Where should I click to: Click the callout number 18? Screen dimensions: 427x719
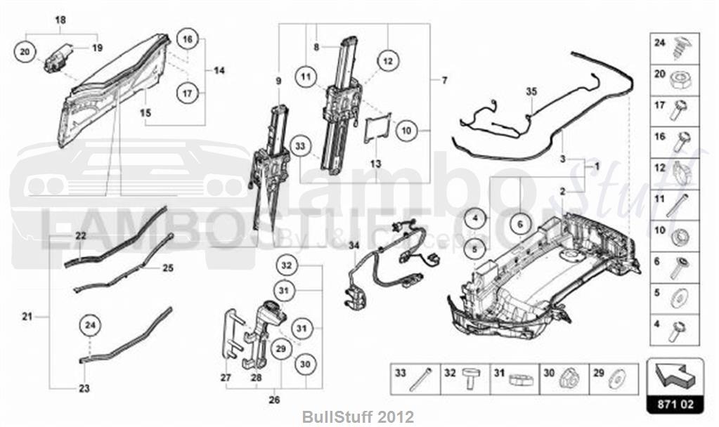coord(61,20)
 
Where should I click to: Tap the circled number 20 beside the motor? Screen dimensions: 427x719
coord(25,52)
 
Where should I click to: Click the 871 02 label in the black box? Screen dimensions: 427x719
coord(675,406)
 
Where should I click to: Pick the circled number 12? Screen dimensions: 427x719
coord(387,61)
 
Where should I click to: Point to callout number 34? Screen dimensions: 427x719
coord(353,245)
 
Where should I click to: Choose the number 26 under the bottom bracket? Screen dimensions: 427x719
coord(274,400)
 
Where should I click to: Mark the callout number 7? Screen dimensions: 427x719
coord(443,81)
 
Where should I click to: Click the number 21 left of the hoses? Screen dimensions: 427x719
coord(27,317)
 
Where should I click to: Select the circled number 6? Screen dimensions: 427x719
coord(520,225)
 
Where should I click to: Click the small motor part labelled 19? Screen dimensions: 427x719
coord(58,58)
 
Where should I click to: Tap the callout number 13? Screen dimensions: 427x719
coord(377,164)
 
